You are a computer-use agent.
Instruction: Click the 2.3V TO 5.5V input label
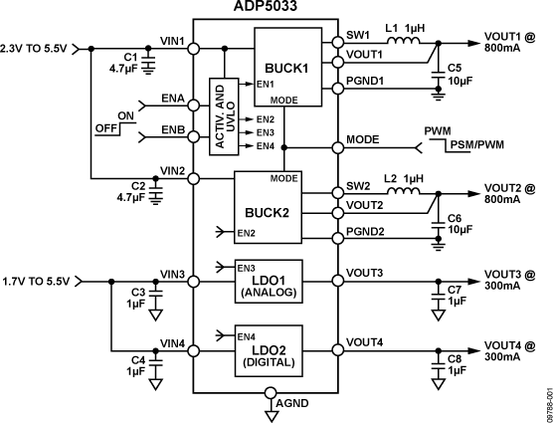(x=37, y=47)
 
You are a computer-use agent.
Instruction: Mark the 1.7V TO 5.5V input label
(x=37, y=282)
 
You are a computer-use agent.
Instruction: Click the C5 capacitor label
(x=455, y=69)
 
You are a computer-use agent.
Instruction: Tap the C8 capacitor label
(x=455, y=359)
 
